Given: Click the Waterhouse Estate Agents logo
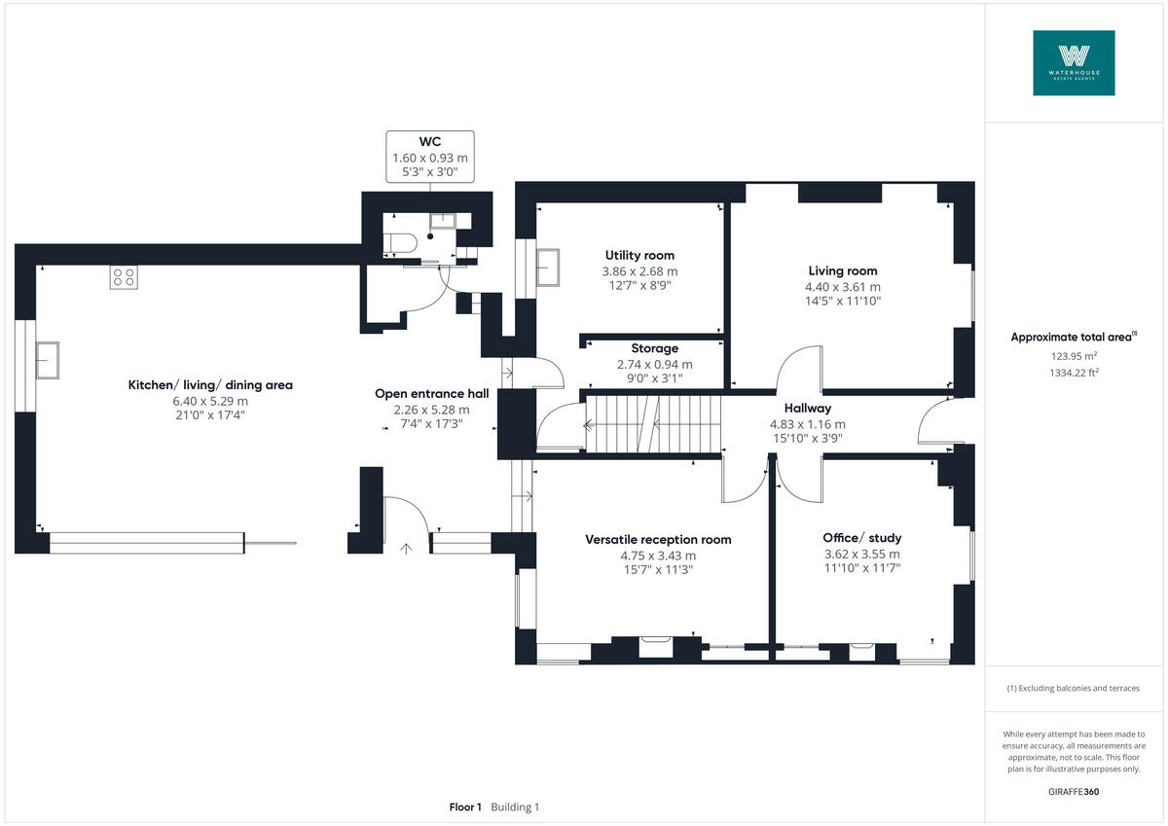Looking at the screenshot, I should point(1074,62).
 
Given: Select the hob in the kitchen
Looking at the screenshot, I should point(124,276).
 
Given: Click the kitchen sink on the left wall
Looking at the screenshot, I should point(47,359).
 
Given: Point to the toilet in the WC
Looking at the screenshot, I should point(401,241).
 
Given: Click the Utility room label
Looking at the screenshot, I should point(639,256).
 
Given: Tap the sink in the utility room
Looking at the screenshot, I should point(548,267).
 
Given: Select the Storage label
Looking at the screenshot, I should point(654,348).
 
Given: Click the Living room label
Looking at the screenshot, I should point(842,271).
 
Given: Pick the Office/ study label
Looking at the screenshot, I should point(861,538).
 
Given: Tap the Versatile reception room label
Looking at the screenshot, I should point(658,540).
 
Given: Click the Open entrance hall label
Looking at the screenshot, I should point(431,394).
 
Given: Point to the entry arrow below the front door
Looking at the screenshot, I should point(406,549).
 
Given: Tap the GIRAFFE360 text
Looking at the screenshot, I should point(1074,792).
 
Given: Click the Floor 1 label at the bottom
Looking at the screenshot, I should point(465,808).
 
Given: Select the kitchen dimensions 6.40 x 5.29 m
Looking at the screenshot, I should point(210,401).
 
